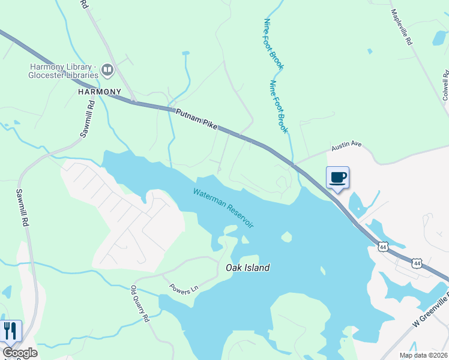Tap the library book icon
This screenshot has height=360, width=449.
pos(107,70)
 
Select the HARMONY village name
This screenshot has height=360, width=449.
pos(99,92)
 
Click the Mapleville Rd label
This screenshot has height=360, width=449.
pos(402,28)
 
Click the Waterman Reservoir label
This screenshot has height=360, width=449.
pos(223,208)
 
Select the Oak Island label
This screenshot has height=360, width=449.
pos(247,268)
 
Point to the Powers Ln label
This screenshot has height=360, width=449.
pos(183,289)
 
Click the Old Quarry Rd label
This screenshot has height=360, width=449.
pos(140,304)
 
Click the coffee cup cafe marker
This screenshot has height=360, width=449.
pos(337,178)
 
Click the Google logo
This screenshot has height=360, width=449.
pos(20,353)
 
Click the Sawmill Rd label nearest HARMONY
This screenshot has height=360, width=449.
pos(88,119)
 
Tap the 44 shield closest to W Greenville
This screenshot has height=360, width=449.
pos(417,263)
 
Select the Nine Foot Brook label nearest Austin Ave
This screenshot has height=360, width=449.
pos(279,107)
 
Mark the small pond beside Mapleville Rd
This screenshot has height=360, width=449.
pos(440,37)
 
